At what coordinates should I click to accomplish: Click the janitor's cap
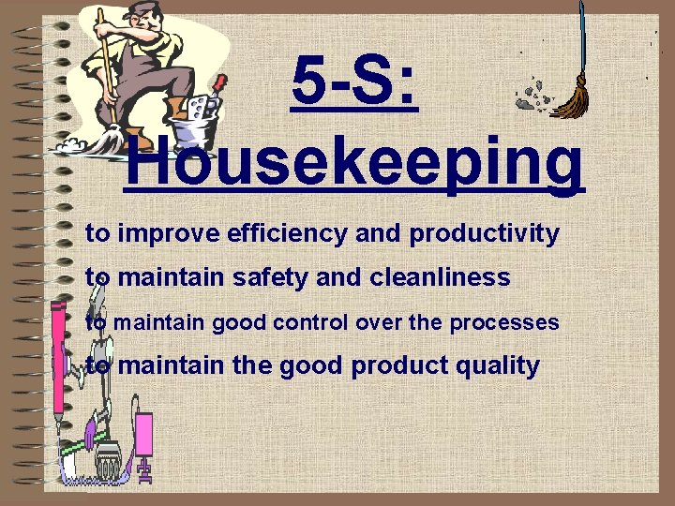click(141, 10)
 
